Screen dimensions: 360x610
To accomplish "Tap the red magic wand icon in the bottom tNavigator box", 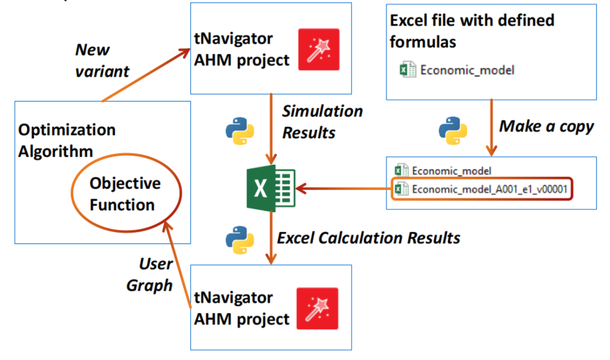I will tap(317, 308).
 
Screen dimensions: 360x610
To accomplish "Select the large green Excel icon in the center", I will tap(269, 187).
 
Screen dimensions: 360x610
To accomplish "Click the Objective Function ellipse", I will tap(125, 194).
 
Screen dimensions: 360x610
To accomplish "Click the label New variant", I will tap(102, 61).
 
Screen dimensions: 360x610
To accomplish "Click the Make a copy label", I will tap(546, 126).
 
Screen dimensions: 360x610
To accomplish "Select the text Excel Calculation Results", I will tap(368, 238).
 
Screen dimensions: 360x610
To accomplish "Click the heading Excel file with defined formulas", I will tap(472, 31).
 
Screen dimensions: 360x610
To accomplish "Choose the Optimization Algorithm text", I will tap(67, 141).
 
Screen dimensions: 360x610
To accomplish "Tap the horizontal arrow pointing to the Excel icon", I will tap(345, 188).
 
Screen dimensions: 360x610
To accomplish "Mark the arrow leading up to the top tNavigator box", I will tap(147, 75).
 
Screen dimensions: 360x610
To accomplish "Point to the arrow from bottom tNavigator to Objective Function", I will tap(178, 266).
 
